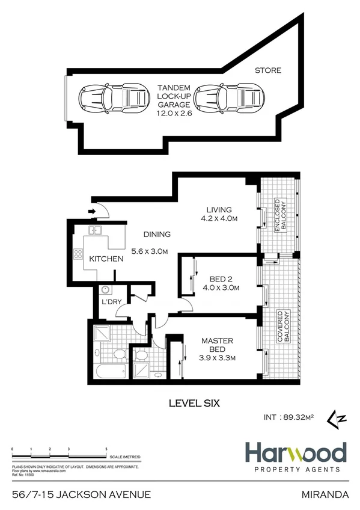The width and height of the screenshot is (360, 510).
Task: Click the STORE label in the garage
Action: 268,70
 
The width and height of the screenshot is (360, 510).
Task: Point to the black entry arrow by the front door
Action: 93,212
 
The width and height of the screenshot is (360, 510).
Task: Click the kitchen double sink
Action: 95,230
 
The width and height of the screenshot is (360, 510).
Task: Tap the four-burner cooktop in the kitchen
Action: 78,254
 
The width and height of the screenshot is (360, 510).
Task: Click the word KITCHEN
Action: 106,259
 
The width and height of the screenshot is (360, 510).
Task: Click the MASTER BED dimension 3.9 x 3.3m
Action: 216,358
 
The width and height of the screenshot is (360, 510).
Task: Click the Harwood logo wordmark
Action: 295,452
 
